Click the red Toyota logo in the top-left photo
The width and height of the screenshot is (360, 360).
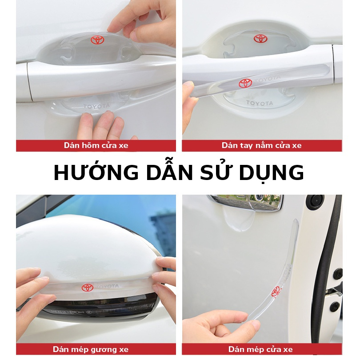tap(97, 40)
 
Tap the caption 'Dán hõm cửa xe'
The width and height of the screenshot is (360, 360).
tap(96, 145)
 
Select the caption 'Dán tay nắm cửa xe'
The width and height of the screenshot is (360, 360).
tap(261, 145)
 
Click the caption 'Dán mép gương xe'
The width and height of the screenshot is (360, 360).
tap(91, 349)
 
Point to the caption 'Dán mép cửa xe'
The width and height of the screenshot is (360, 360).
tap(260, 349)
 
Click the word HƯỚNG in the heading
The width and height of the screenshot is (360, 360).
tap(96, 172)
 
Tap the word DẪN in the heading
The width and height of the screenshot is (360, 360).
tap(170, 172)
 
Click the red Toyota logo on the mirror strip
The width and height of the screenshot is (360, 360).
tap(88, 287)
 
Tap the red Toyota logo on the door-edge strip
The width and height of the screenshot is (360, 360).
tap(276, 292)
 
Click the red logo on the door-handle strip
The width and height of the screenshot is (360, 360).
tap(245, 83)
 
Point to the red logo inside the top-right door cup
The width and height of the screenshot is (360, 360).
tap(260, 39)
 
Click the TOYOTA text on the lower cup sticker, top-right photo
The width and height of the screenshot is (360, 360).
tap(260, 103)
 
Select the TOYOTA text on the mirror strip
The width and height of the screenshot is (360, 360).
tap(108, 286)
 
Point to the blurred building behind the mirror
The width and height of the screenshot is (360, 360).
tap(164, 232)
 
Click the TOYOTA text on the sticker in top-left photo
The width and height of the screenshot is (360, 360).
tap(96, 106)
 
